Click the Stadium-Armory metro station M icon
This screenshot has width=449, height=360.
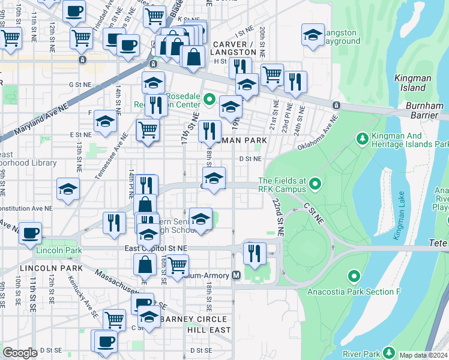[236, 275]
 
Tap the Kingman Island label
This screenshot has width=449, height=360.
[409, 83]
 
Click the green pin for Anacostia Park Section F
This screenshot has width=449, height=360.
[354, 276]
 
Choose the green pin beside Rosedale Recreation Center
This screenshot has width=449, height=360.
[209, 99]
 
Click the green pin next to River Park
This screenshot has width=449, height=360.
[389, 352]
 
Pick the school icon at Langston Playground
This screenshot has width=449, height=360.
[312, 35]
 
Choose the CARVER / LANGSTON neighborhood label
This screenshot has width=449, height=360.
[232, 49]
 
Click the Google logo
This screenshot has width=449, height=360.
[20, 352]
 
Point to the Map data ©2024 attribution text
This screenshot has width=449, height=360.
[423, 355]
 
